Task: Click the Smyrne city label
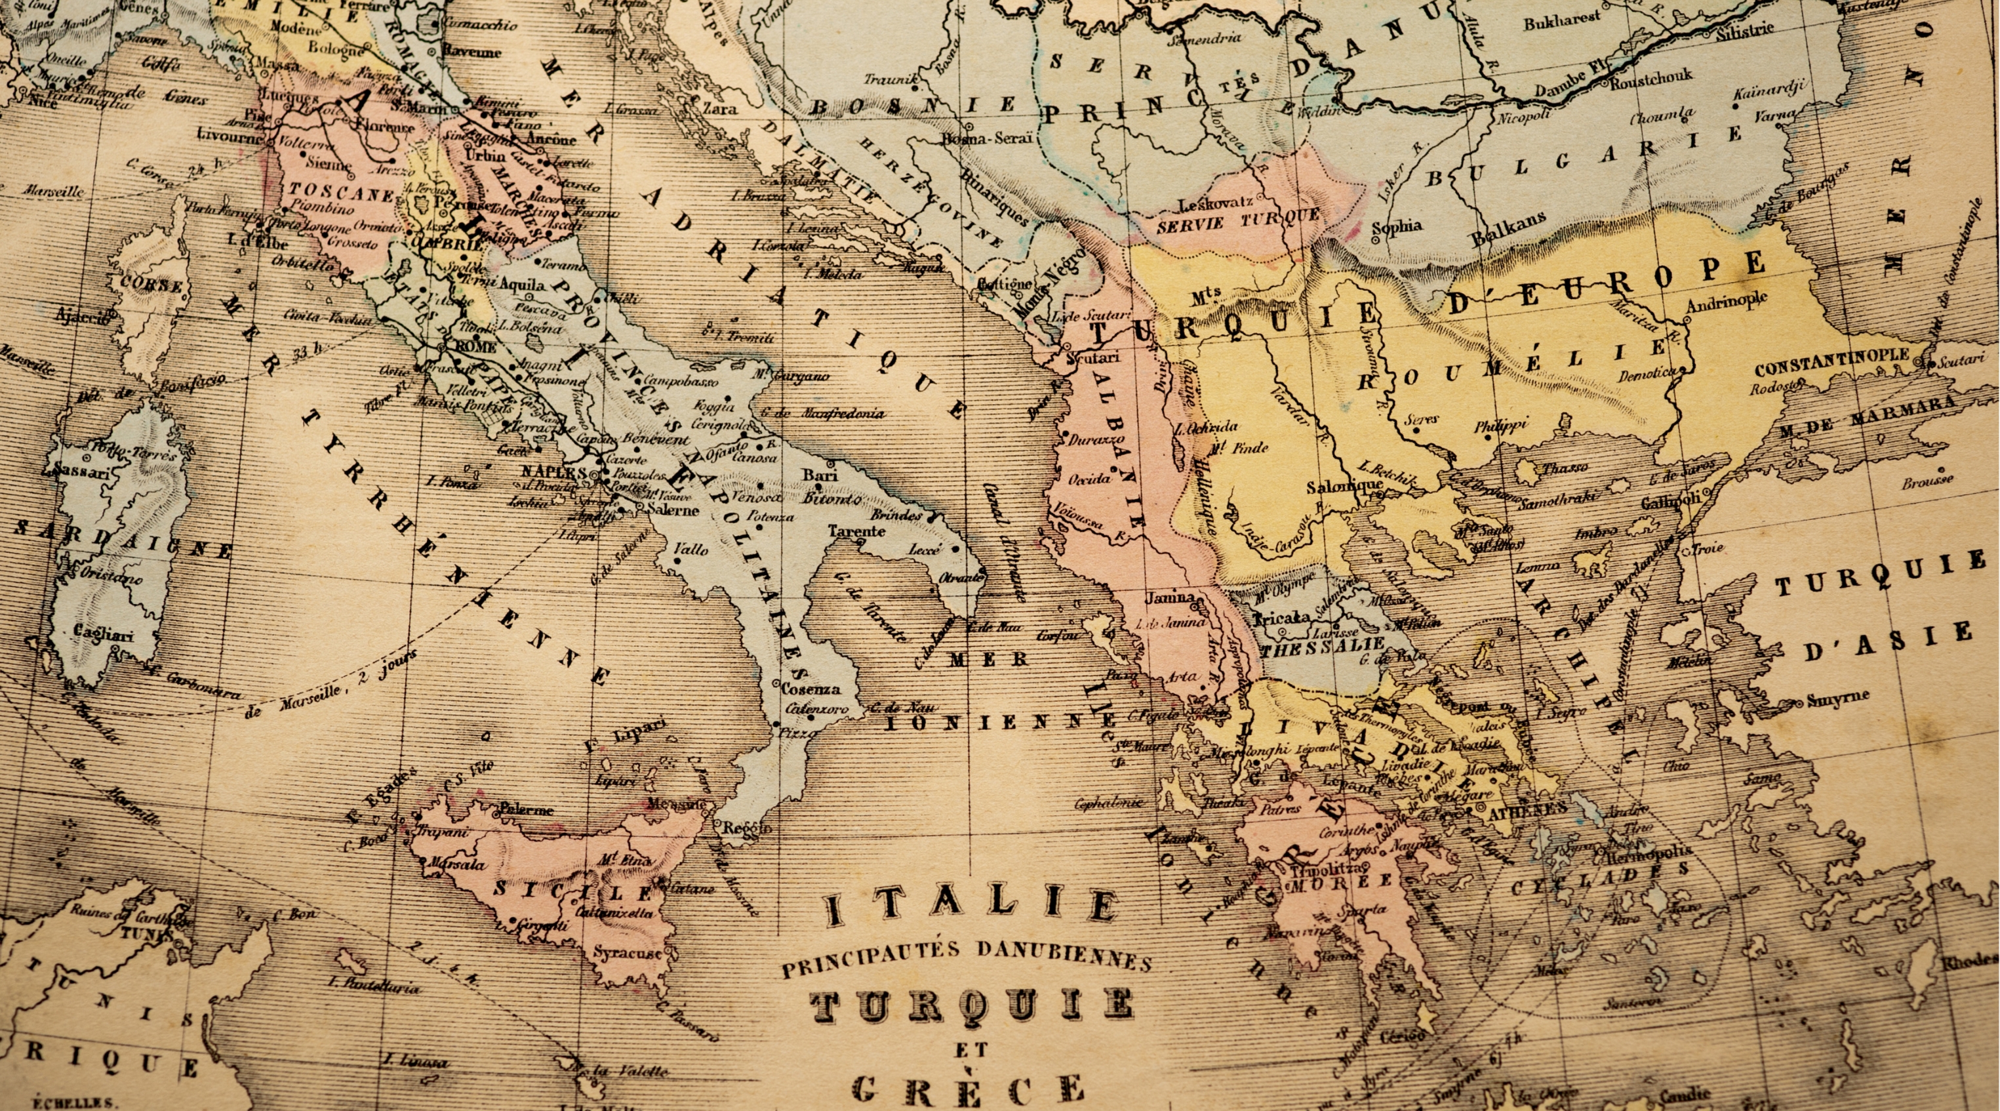1839,697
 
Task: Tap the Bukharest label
1561,22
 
